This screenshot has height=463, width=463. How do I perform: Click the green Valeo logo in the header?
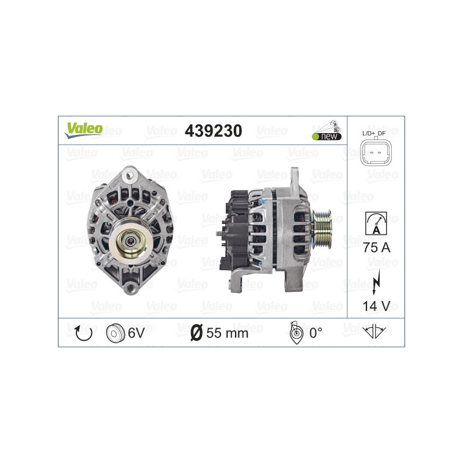83,130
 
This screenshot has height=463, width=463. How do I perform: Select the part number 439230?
213,131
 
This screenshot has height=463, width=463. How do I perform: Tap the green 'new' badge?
327,136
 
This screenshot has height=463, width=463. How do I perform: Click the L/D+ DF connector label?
375,134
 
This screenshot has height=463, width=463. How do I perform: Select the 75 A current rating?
375,248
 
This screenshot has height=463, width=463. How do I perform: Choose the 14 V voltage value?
375,305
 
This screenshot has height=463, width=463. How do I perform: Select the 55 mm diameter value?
227,333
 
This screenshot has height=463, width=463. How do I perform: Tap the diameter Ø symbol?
196,333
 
